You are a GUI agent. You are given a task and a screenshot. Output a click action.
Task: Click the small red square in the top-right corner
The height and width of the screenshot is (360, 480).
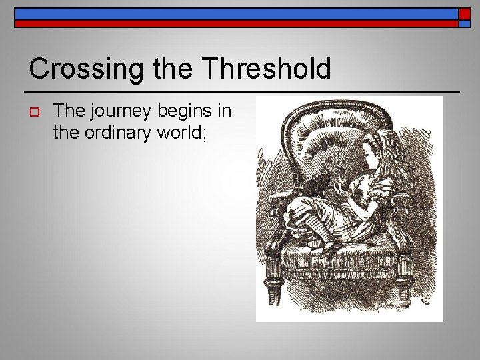(x=465, y=13)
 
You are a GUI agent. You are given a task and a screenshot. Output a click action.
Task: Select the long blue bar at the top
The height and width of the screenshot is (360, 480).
(x=233, y=13)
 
